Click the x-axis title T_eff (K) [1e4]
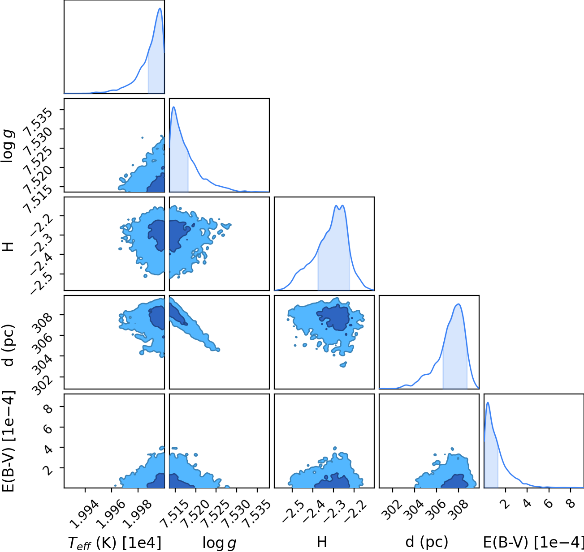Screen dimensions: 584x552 [x=115, y=543]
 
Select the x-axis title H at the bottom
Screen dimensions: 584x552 [x=322, y=542]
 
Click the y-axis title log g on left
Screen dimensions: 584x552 [x=8, y=146]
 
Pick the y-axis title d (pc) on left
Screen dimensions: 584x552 [x=8, y=345]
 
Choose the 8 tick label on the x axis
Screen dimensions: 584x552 [x=571, y=504]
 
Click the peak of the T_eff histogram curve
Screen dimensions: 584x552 [x=160, y=8]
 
